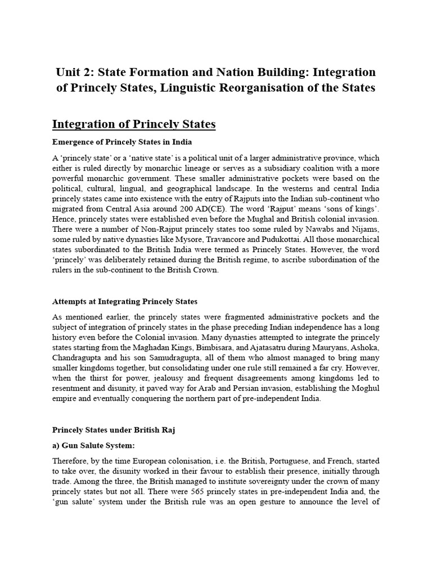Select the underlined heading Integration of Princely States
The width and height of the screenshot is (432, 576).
click(133, 123)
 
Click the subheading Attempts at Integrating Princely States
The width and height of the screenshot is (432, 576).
click(125, 302)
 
